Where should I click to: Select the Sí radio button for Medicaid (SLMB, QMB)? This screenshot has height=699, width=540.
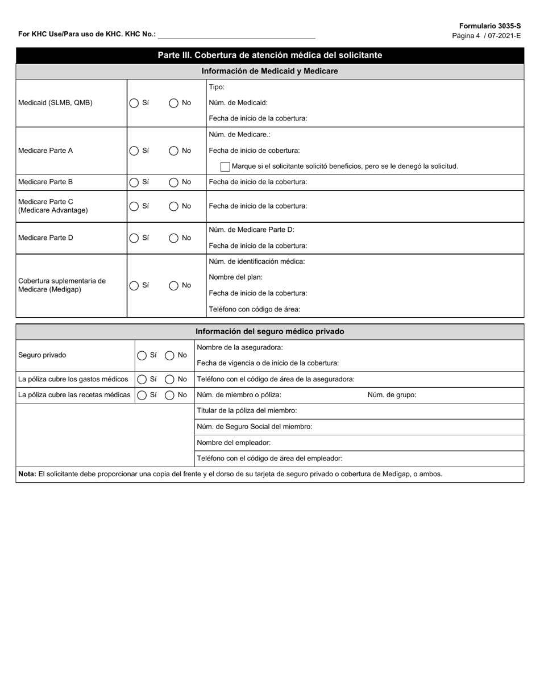[134, 103]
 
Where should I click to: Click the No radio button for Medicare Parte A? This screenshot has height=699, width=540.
[174, 151]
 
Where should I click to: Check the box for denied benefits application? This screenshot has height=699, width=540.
[225, 167]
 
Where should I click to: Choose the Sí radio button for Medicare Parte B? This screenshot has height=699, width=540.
[134, 182]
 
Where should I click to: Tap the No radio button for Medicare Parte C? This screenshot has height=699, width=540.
[174, 206]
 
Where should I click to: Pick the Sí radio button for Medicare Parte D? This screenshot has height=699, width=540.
[134, 238]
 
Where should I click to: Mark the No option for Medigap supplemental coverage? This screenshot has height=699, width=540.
[174, 286]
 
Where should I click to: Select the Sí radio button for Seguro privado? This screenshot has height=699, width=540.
[142, 356]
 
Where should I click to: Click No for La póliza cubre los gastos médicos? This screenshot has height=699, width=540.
[169, 380]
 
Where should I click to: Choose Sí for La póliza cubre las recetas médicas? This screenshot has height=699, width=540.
[142, 396]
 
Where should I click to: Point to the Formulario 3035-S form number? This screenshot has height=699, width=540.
[489, 26]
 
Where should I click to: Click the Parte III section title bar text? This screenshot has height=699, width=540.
[269, 55]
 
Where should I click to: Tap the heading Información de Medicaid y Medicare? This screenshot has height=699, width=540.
[269, 71]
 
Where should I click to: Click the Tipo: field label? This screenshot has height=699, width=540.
[217, 87]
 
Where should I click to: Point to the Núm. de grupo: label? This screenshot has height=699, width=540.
[392, 395]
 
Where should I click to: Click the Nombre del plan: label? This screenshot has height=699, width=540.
[235, 277]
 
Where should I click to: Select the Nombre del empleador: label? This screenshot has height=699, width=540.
[233, 443]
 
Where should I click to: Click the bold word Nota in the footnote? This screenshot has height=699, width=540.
[27, 474]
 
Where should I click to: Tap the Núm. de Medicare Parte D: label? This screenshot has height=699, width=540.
[251, 230]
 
